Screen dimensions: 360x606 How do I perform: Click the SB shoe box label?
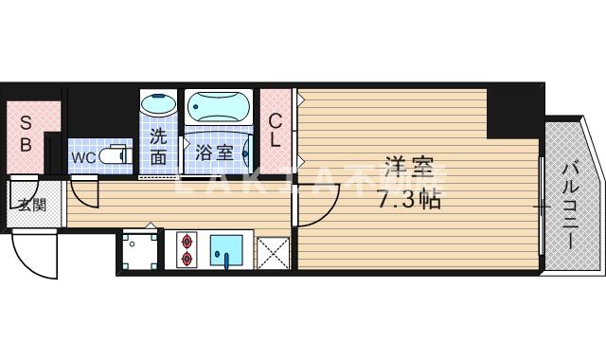pos(27,134)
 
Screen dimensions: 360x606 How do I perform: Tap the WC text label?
pos(81,155)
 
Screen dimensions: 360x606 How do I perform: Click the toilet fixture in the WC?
pos(115,154)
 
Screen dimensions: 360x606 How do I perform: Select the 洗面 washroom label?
pos(158,146)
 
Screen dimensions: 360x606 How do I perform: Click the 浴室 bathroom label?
pos(213,152)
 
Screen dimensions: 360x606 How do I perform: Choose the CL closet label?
pos(275,131)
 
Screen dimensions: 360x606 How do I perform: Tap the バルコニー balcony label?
pos(570,203)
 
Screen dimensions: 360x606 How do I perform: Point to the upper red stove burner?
pos(185,239)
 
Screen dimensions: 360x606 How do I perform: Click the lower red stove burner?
pos(185,257)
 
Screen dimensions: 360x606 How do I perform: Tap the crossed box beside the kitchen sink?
pos(274,251)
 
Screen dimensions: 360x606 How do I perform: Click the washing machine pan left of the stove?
pos(140,249)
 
